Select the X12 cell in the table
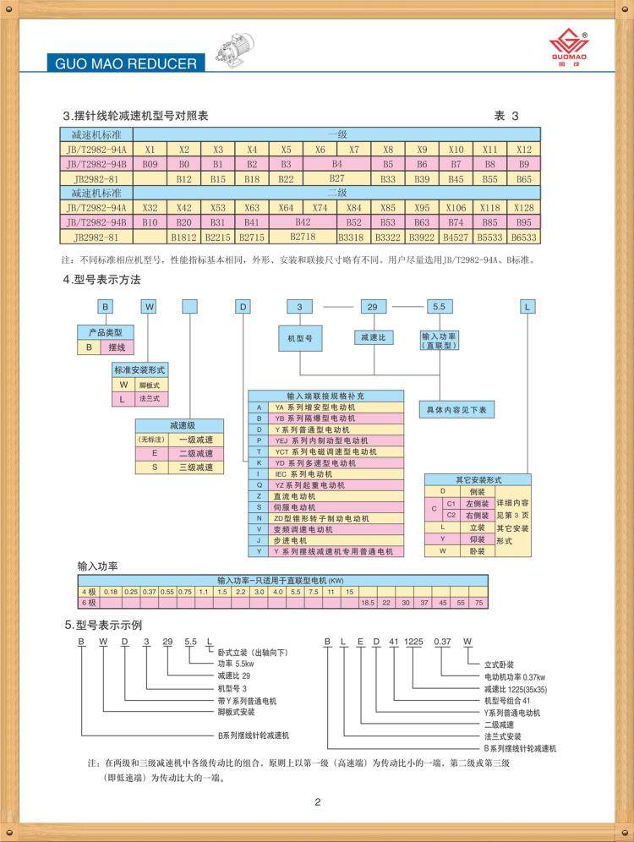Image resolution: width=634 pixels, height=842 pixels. pos(524,148)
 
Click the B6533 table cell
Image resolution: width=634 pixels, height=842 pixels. pos(524,238)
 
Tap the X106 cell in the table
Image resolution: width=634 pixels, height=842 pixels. pos(456,208)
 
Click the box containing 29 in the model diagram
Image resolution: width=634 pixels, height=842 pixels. pos(372,307)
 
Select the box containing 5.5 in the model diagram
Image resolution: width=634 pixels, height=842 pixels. pos(439,307)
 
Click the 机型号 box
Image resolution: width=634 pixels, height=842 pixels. pos(300,338)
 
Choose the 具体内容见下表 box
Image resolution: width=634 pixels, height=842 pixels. pos(458,410)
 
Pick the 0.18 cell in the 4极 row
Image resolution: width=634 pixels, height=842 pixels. pos(110,592)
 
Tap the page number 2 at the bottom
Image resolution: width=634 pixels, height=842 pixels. pos(317,802)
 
